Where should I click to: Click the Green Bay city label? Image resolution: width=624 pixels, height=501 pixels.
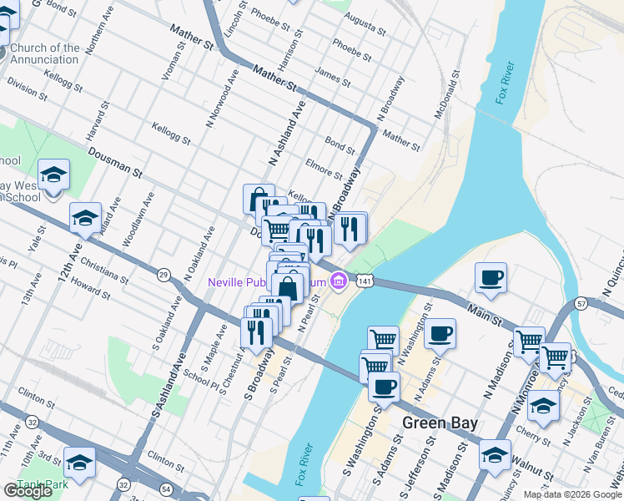[x=440, y=423]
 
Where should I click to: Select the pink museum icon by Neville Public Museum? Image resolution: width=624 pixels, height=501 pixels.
[x=338, y=281]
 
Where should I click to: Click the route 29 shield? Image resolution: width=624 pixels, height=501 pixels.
[x=164, y=274]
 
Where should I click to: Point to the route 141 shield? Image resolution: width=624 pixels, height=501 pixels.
[x=365, y=282]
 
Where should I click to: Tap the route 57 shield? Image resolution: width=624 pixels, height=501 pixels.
[x=581, y=302]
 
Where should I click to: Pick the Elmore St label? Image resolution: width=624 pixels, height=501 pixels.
[x=324, y=169]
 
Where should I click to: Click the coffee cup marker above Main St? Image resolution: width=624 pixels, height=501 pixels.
[x=491, y=279]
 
